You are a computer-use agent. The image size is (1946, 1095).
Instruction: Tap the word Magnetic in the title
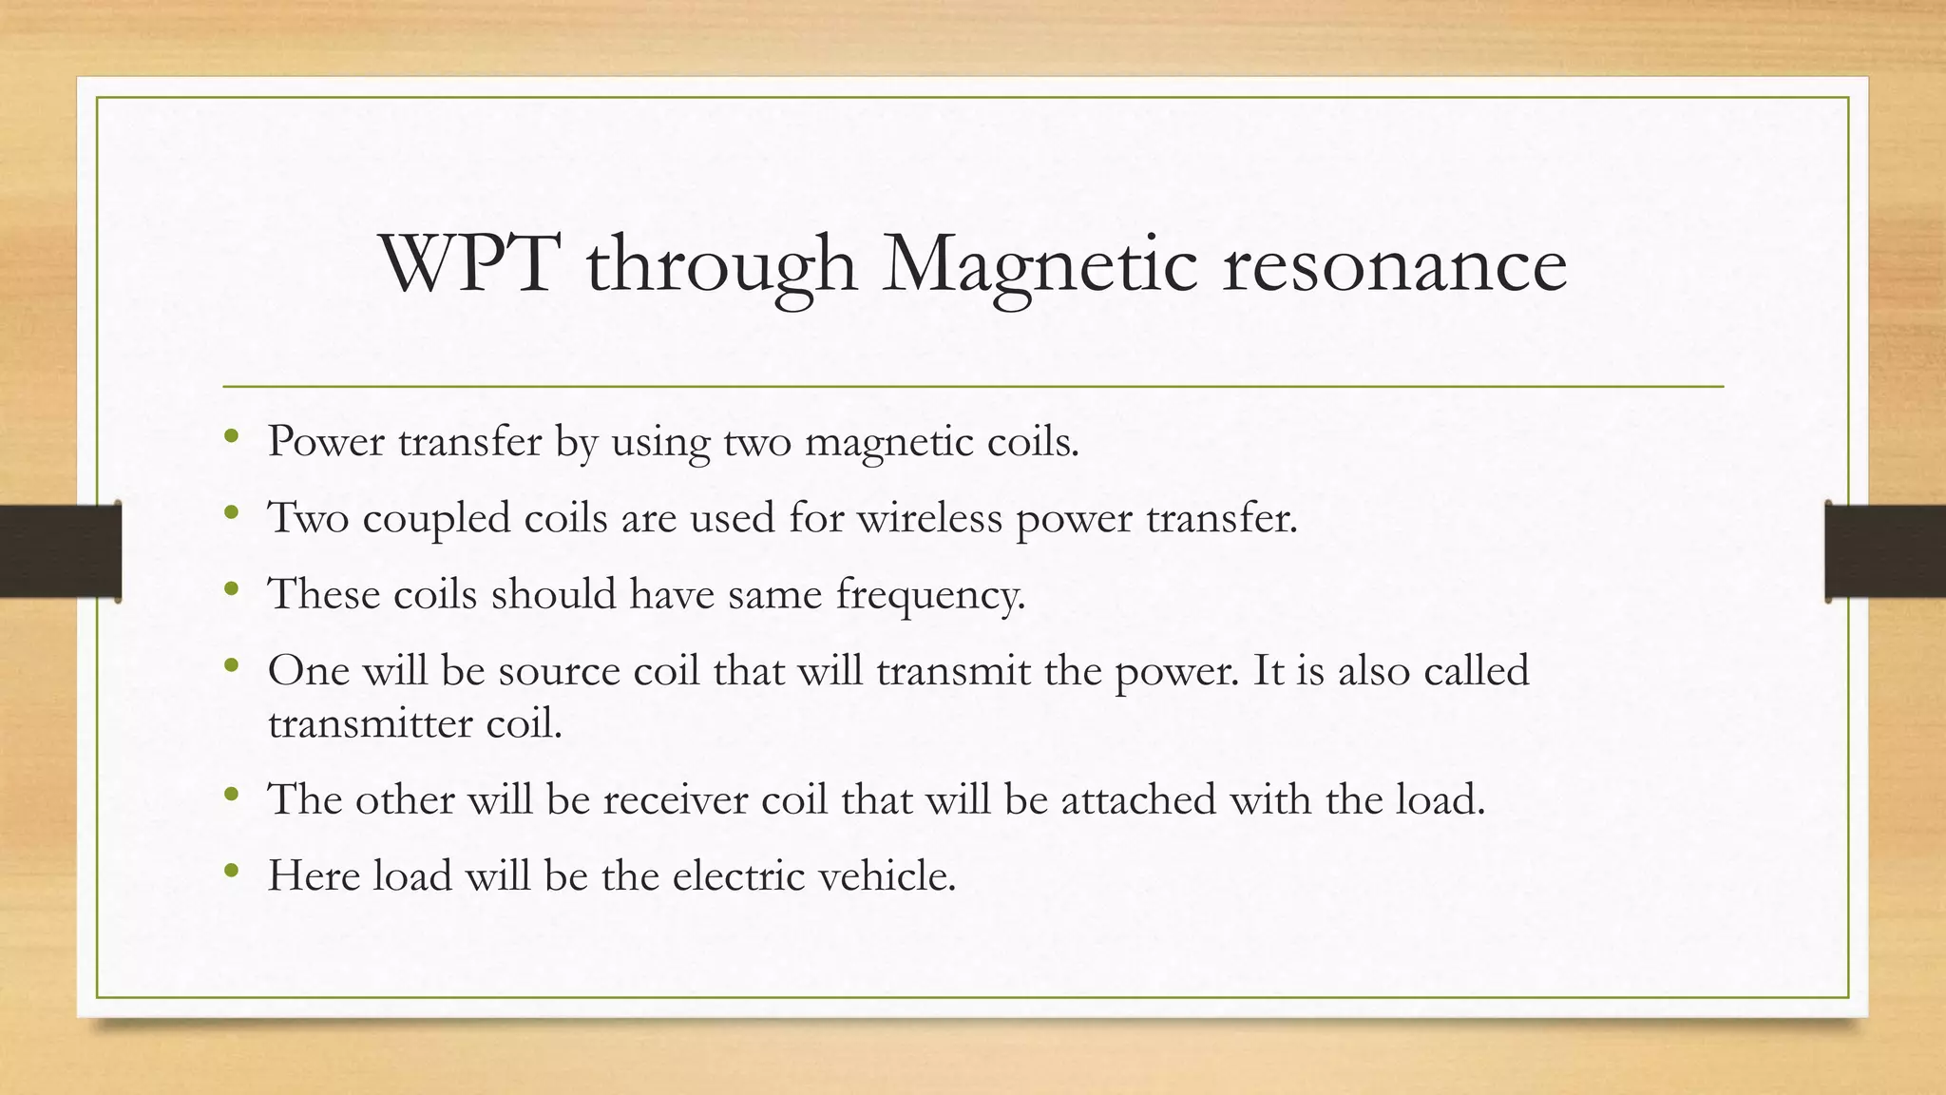[1040, 266]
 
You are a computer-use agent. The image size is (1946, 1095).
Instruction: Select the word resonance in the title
[1394, 266]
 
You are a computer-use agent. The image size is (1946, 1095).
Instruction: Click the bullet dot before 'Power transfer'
[231, 437]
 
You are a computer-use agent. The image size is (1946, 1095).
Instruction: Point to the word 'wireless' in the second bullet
[929, 518]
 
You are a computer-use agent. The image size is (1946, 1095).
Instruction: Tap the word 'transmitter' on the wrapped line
[371, 723]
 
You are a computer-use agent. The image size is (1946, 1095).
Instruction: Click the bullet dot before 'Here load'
[231, 870]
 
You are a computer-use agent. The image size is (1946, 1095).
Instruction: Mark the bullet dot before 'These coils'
[231, 589]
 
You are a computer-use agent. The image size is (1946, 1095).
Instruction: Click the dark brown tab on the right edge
[1885, 551]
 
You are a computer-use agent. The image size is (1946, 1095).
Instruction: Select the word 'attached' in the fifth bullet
[1138, 799]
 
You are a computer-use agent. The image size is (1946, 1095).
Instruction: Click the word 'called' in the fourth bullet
[1477, 670]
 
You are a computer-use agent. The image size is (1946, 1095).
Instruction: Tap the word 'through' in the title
[721, 266]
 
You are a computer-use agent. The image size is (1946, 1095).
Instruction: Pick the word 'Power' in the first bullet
[326, 442]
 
